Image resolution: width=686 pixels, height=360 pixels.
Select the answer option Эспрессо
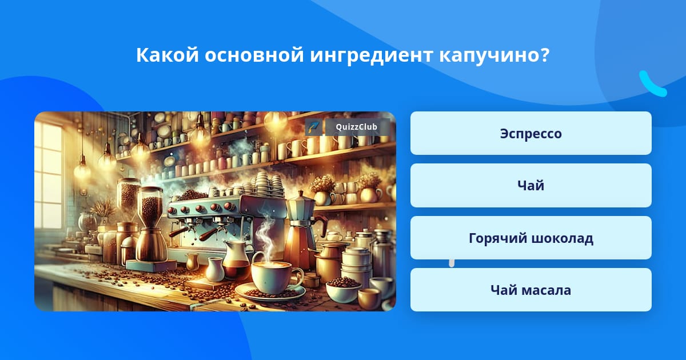point(531,133)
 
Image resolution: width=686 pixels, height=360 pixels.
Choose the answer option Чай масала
point(531,290)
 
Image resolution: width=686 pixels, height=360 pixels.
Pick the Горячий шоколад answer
point(531,238)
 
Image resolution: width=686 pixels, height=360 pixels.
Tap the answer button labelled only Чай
point(531,185)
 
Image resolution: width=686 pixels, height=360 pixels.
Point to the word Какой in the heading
point(167,55)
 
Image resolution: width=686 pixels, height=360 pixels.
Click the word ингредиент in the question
point(371,55)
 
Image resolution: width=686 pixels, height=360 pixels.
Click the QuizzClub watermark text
point(356,127)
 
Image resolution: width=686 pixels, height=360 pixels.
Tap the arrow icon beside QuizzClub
point(314,127)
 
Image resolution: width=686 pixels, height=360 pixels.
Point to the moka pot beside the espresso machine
point(302,230)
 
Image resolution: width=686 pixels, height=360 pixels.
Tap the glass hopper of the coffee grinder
point(150,207)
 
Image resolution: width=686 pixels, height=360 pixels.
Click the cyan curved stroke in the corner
point(652,85)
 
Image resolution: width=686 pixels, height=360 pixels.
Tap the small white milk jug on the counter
point(215,269)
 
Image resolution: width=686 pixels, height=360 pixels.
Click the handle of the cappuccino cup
point(297,277)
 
